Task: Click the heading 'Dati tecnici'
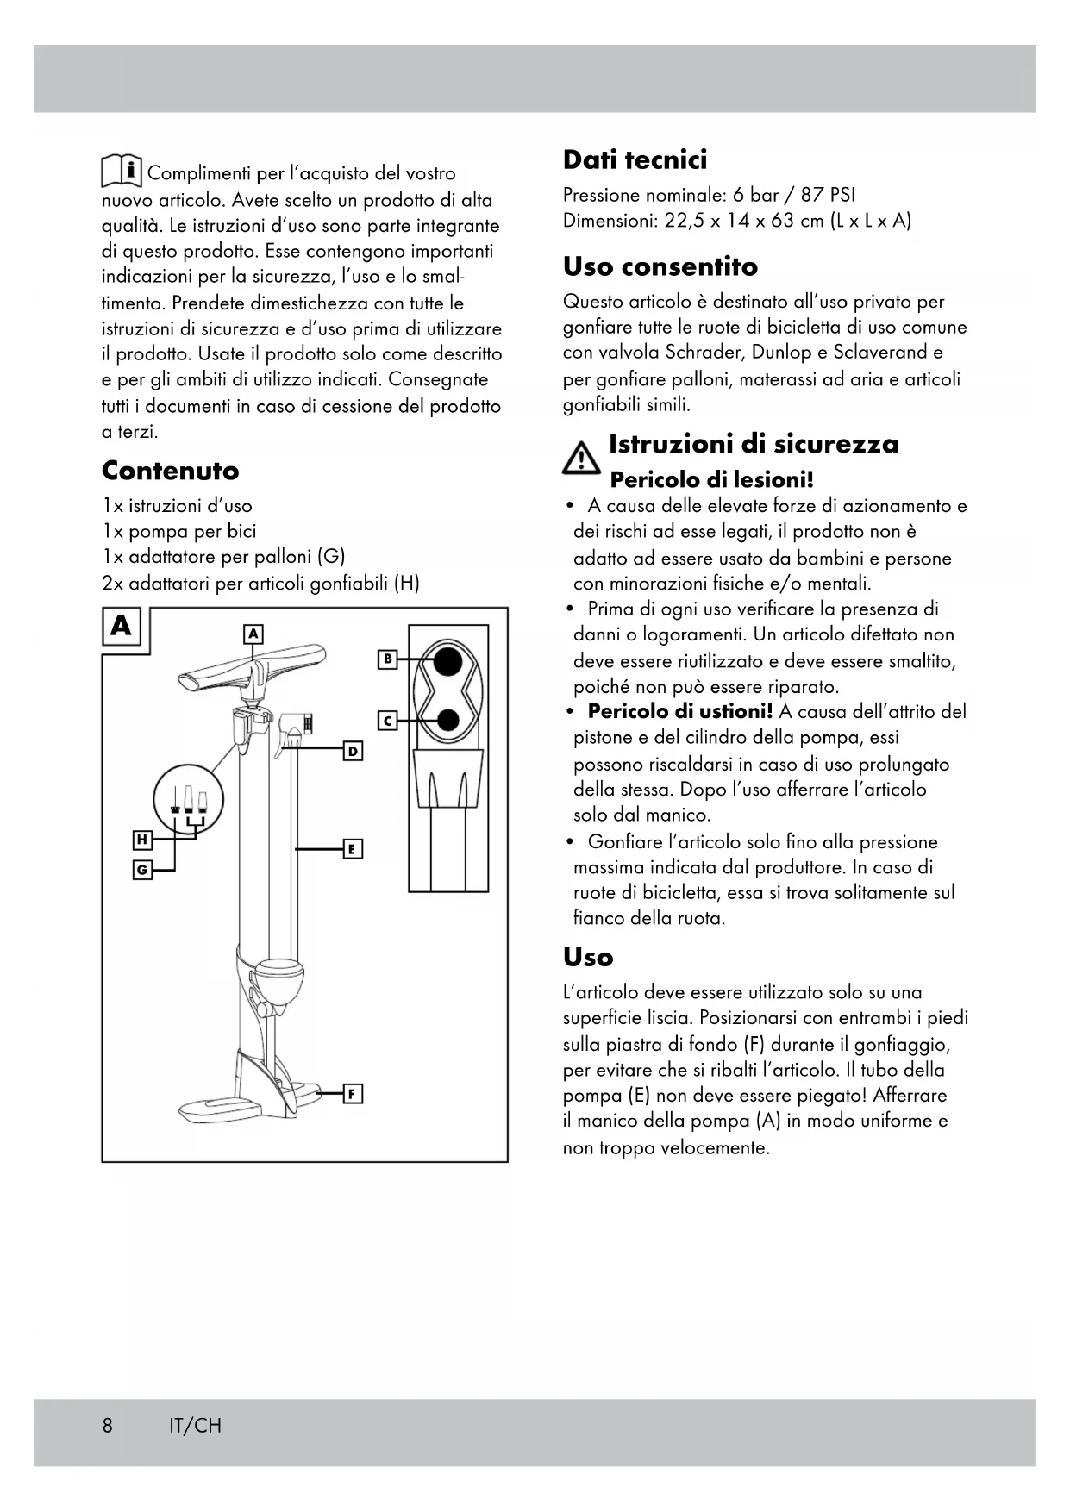[x=635, y=160]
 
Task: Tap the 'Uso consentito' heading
[x=660, y=267]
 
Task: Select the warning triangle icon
[x=582, y=457]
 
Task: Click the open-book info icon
[x=122, y=171]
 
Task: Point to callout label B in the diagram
[x=388, y=659]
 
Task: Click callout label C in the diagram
[x=388, y=720]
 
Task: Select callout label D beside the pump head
[x=353, y=752]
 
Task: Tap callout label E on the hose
[x=352, y=849]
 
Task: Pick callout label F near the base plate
[x=352, y=1094]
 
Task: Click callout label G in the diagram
[x=142, y=871]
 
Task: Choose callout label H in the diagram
[x=142, y=840]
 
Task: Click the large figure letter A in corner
[x=122, y=626]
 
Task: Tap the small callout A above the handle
[x=253, y=634]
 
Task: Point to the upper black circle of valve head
[x=447, y=661]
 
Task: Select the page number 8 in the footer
[x=107, y=1425]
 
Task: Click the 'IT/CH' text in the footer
[x=195, y=1425]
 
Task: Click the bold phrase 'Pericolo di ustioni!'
[x=679, y=712]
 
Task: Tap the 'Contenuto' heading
[x=170, y=471]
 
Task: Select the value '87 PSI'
[x=828, y=196]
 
